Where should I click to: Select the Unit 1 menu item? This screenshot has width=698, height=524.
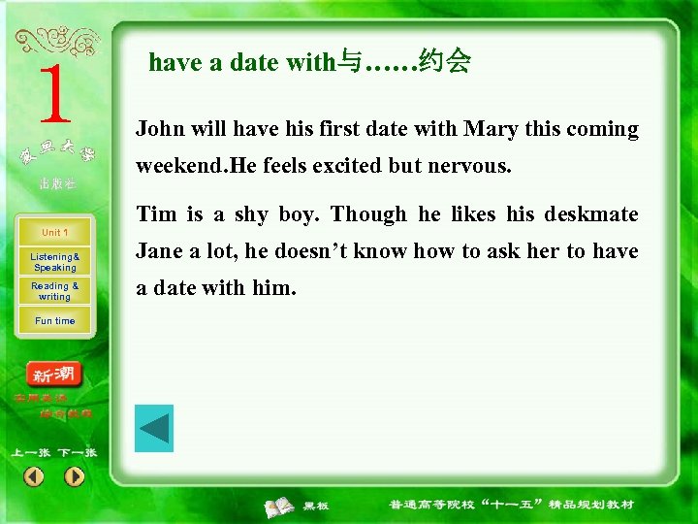tap(54, 233)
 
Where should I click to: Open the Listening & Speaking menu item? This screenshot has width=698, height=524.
tap(54, 262)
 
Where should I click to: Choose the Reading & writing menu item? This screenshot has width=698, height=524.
tap(54, 291)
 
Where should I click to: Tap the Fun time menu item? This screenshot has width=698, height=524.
tap(54, 321)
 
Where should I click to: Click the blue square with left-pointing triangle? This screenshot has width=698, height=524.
tap(153, 428)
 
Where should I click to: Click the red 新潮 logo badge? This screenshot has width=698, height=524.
tap(55, 375)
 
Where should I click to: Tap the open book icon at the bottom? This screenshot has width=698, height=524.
tap(281, 506)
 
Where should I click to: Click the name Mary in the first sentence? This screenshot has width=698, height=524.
tap(491, 129)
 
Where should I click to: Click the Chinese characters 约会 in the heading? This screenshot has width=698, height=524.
tap(446, 63)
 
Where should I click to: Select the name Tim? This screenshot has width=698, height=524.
tap(155, 213)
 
